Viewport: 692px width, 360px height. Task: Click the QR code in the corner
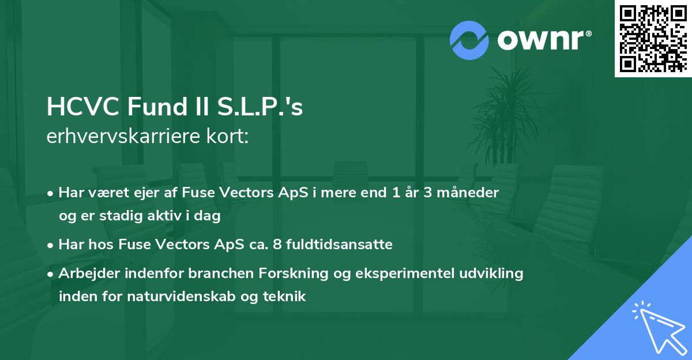pos(653,38)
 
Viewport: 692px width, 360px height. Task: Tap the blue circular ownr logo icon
pos(469,40)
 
